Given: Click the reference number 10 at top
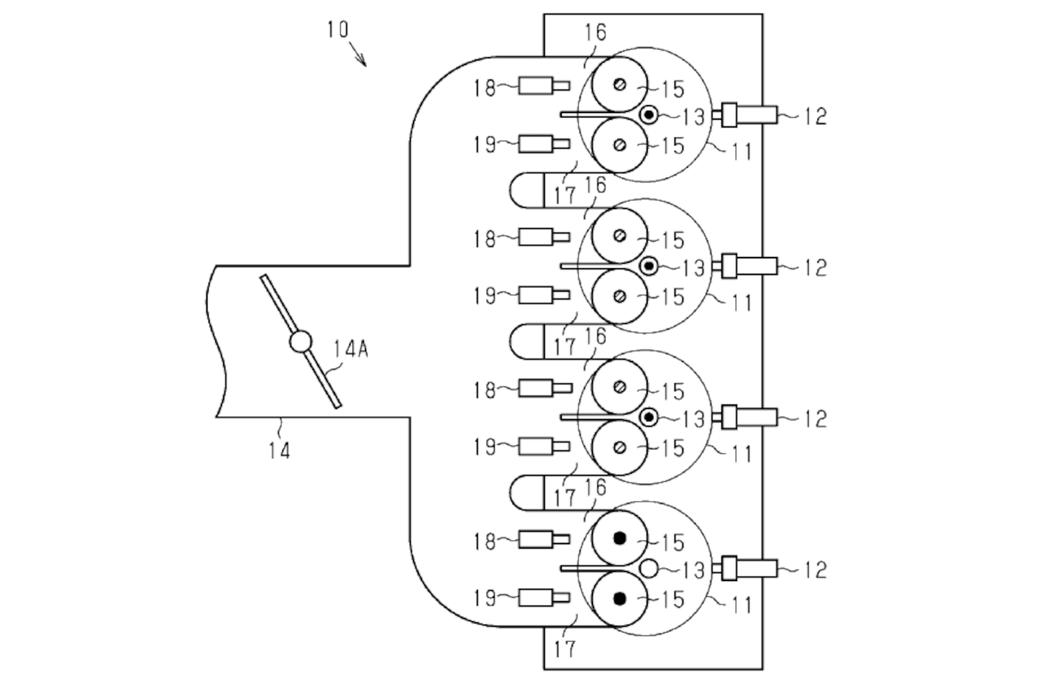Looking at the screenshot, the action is click(337, 30).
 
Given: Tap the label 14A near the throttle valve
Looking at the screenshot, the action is click(351, 349).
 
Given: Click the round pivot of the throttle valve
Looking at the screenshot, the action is click(300, 341).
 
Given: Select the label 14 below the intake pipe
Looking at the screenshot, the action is click(280, 451).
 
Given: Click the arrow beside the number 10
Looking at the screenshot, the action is click(357, 55).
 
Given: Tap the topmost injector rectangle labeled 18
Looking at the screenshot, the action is click(544, 86).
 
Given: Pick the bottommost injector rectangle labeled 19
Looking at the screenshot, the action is click(544, 598).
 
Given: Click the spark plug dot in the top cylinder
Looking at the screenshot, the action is click(649, 114).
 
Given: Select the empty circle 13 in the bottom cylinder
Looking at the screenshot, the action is click(649, 569).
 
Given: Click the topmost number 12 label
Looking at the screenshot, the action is click(815, 116).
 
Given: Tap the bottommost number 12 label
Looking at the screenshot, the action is click(815, 570).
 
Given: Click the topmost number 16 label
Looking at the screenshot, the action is click(595, 32).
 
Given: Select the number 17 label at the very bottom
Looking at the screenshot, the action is click(564, 649).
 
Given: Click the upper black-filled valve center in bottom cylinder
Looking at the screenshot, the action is click(620, 538).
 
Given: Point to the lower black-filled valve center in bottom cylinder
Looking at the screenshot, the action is click(620, 599).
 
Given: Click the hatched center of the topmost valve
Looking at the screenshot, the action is click(620, 84).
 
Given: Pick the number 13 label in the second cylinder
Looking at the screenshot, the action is click(693, 268).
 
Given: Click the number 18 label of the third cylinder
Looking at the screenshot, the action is click(484, 391).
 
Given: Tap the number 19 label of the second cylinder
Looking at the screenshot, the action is click(484, 296).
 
